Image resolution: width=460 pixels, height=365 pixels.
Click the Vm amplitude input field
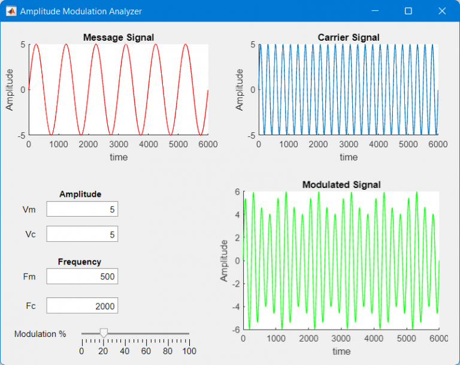82,209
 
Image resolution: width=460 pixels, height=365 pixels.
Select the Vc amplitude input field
82,234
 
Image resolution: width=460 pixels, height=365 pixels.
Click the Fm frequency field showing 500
82,276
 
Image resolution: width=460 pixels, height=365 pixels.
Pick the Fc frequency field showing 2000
82,306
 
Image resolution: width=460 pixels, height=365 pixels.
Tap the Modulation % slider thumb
104,333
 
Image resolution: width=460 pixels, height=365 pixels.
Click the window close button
442,11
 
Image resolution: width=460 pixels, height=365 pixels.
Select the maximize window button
408,11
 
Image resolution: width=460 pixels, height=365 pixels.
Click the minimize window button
375,11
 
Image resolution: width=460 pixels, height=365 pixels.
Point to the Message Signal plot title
119,37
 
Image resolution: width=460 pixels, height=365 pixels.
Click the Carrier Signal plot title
349,37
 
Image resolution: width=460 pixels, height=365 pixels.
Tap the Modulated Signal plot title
341,184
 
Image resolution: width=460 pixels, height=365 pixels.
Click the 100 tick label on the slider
189,351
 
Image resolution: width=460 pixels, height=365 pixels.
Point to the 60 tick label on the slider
146,351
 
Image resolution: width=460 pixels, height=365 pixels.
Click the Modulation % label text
40,334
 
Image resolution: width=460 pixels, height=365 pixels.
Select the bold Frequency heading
80,261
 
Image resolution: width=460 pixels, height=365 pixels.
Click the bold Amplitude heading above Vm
80,194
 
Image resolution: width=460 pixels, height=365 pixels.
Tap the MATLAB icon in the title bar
11,11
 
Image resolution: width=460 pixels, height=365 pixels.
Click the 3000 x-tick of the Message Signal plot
119,144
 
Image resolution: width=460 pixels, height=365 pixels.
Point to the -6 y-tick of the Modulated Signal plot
237,330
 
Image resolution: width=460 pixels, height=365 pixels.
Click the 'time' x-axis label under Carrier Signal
349,157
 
